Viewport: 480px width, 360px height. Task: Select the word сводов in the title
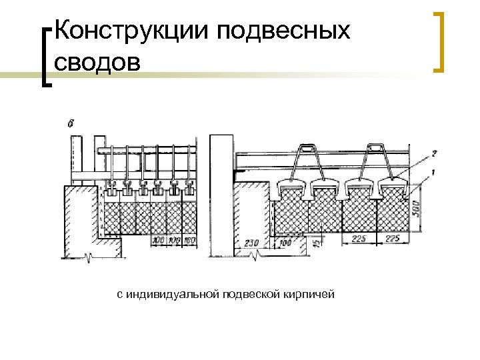click(x=99, y=61)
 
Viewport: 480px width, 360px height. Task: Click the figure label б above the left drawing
click(x=71, y=123)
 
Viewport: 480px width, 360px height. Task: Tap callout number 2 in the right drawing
click(x=433, y=153)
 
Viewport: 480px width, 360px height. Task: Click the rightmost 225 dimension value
click(x=393, y=237)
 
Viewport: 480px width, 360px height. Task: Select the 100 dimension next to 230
click(x=285, y=242)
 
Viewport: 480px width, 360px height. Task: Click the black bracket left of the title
click(x=45, y=57)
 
